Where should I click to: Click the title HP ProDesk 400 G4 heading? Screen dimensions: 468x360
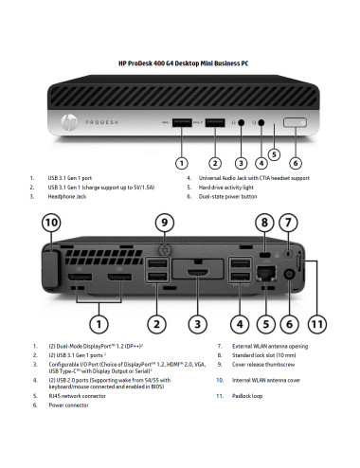180,63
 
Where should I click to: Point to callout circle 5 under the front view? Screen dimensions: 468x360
273,152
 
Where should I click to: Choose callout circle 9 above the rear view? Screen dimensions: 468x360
165,224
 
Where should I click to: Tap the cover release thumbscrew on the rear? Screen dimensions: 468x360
165,252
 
